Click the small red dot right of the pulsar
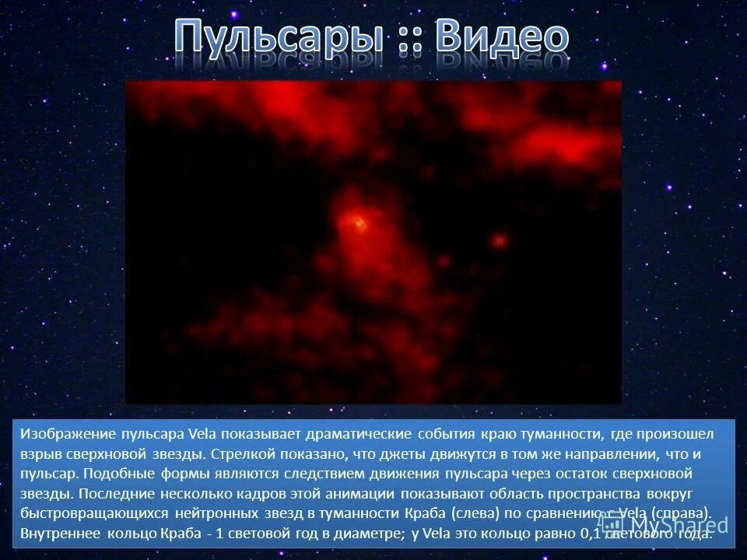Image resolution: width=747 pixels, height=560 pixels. (x=500, y=241)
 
